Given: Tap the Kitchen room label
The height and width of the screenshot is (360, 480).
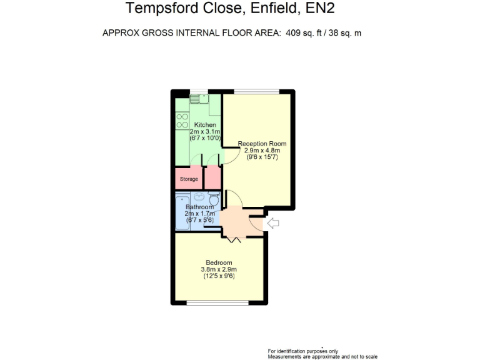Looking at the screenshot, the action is click(x=197, y=125).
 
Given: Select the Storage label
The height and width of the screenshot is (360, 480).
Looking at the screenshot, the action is click(x=189, y=179).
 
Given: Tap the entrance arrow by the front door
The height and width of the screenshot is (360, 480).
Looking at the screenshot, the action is click(x=273, y=222).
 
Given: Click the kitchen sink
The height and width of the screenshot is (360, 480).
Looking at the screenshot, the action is click(x=198, y=98).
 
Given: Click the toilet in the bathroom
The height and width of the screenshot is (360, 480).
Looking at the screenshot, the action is click(x=214, y=200).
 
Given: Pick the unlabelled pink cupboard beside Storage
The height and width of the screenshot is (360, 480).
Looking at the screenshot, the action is click(x=212, y=177).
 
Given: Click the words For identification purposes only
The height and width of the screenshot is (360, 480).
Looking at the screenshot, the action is click(x=302, y=351).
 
